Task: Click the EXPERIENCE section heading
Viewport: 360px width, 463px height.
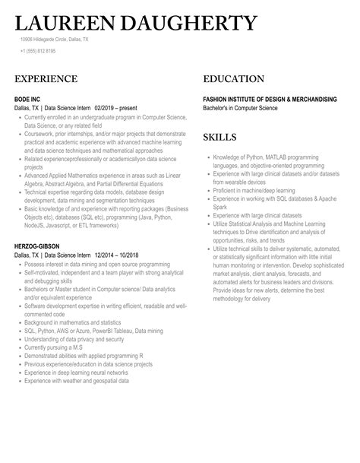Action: [x=46, y=79]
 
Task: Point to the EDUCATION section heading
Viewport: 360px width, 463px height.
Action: [x=234, y=79]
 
